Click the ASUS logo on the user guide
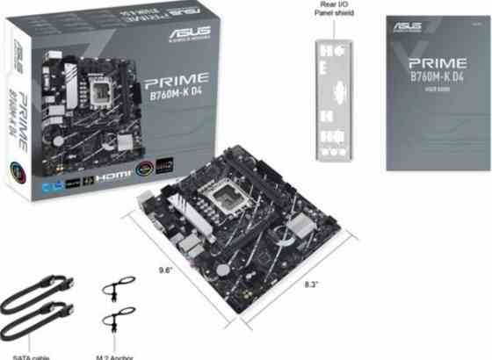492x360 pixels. point(410,27)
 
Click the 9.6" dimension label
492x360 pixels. point(163,270)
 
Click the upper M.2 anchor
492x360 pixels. point(117,290)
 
